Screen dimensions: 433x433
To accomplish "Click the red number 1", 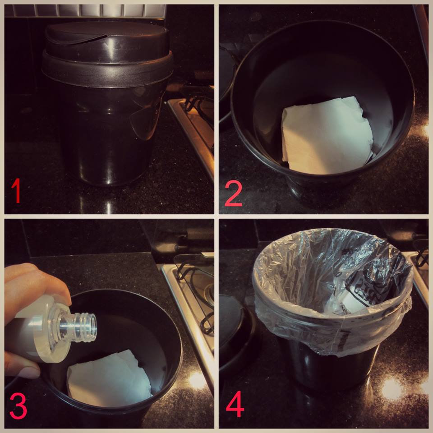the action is click(x=16, y=190).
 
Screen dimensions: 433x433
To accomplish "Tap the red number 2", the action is click(x=234, y=193).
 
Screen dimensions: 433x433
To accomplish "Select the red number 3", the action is click(x=18, y=406).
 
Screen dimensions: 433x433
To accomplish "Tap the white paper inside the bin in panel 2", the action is click(x=327, y=135).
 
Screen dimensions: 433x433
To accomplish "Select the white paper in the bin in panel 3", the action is click(x=109, y=379).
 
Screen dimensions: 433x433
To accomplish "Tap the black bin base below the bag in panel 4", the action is click(x=329, y=370).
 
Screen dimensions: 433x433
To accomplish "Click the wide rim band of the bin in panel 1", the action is click(x=107, y=70).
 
